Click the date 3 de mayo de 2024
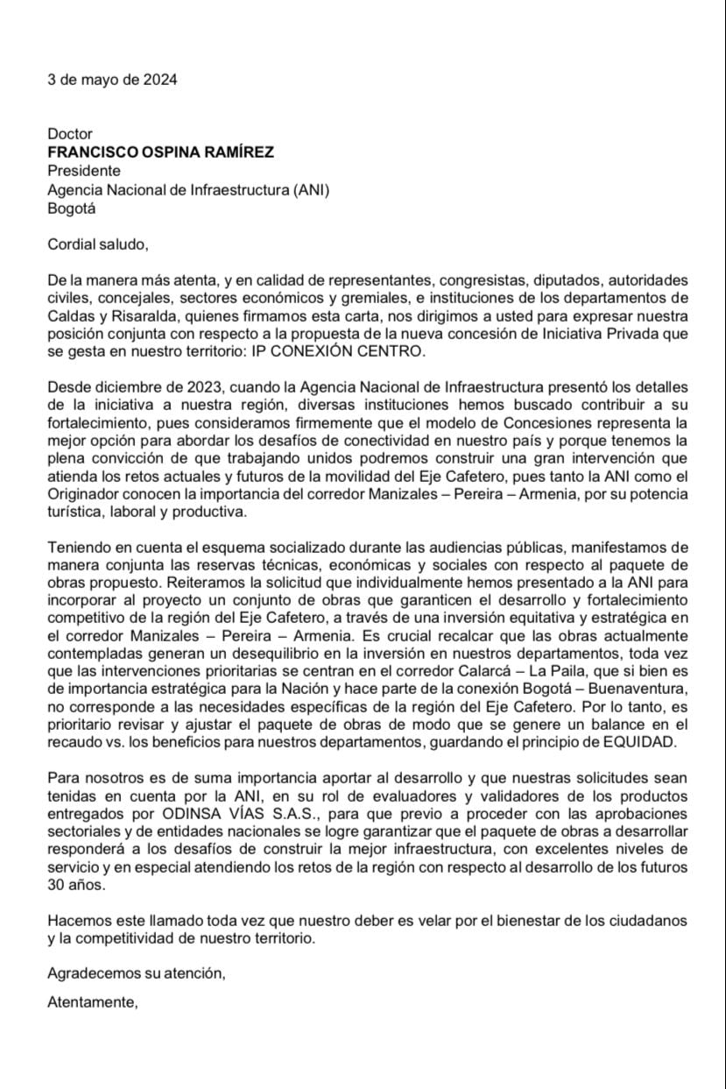112,80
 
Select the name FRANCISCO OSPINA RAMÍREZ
160,152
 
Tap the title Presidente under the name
84,171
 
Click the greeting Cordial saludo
98,244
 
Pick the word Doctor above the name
70,134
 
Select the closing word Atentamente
93,1003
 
